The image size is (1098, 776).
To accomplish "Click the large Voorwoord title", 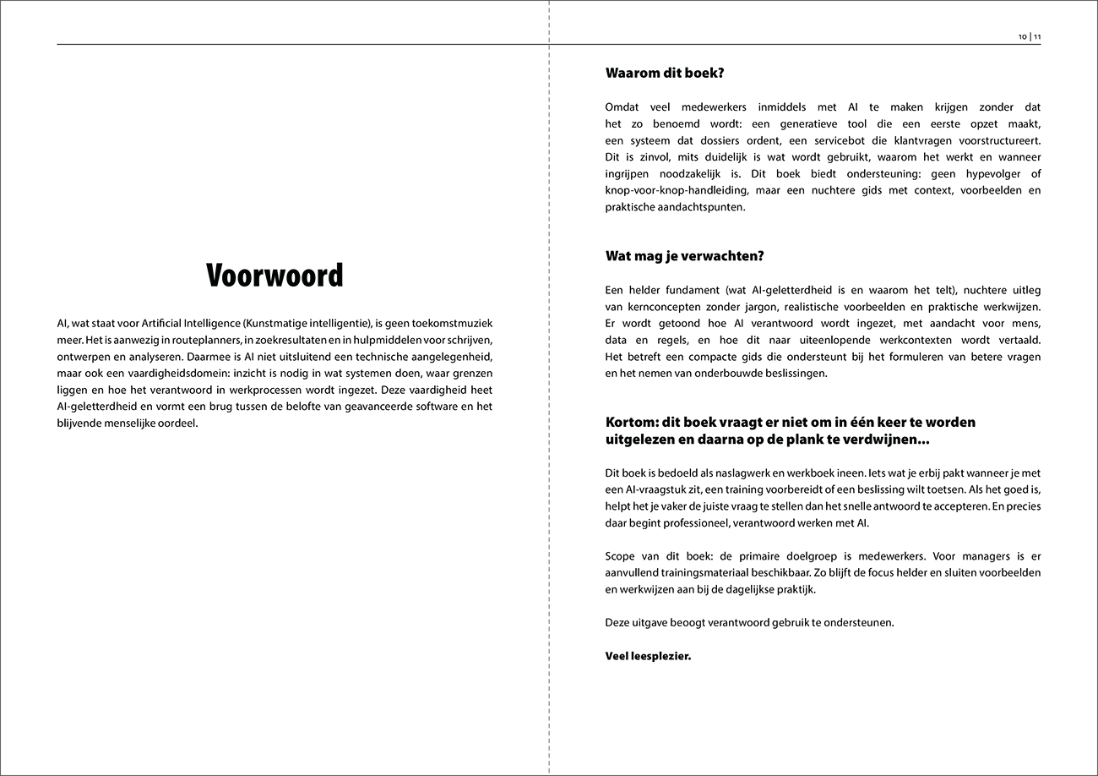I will point(274,276).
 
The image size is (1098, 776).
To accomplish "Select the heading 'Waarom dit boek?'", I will point(665,74).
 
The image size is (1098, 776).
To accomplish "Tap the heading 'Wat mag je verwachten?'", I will point(685,256).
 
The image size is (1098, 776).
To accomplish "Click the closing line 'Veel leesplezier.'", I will point(648,655).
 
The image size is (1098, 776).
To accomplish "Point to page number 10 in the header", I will point(1023,37).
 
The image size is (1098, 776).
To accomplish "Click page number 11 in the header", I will point(1037,37).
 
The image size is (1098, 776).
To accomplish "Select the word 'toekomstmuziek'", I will point(453,323).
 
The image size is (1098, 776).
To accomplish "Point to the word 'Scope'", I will point(621,556).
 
